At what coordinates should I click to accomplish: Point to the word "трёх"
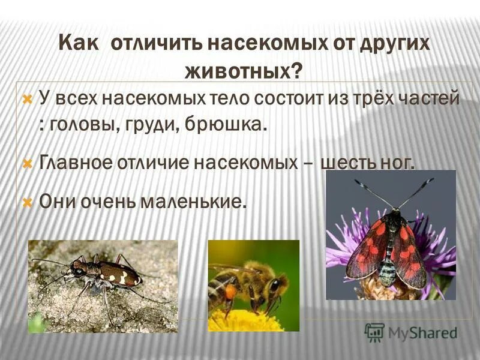[372, 98]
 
